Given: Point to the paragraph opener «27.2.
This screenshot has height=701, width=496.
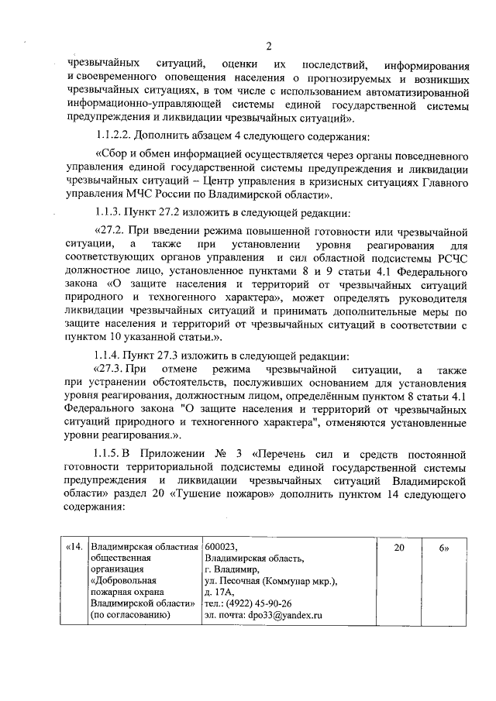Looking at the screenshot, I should click(x=112, y=231).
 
